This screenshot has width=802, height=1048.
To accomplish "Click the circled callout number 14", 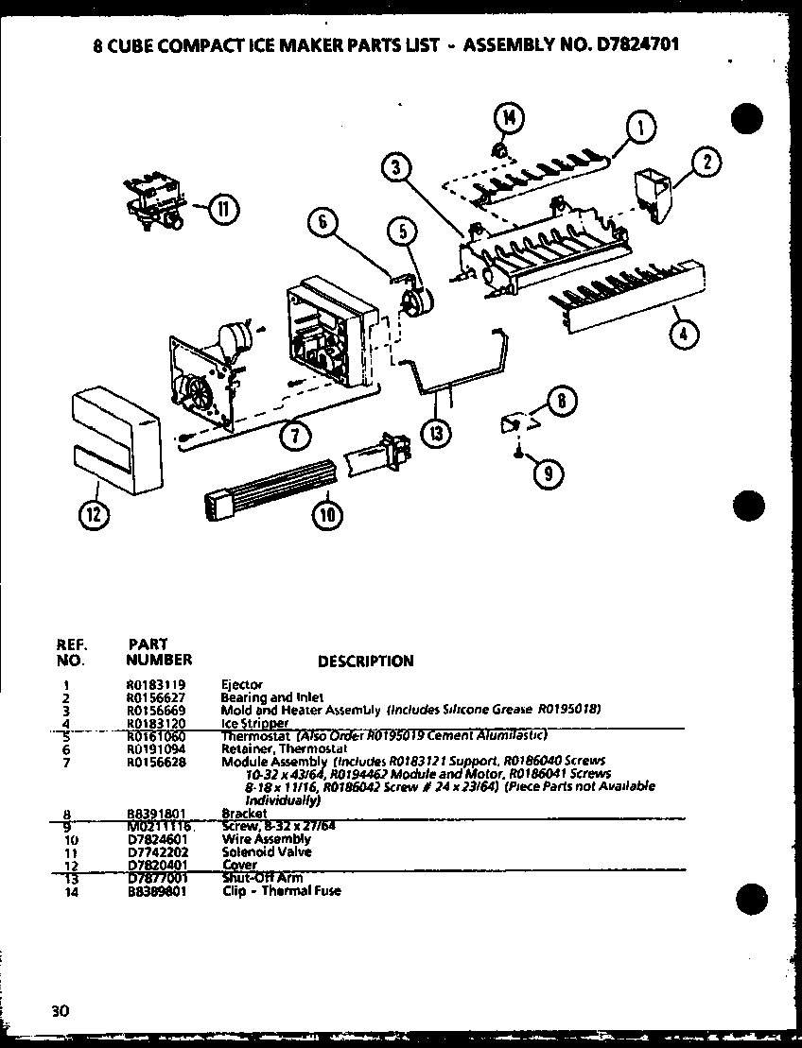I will click(x=510, y=118).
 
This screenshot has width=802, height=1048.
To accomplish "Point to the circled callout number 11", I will click(x=223, y=210).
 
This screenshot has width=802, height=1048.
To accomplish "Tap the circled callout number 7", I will click(x=295, y=436).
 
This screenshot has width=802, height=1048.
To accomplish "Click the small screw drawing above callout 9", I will click(x=516, y=454).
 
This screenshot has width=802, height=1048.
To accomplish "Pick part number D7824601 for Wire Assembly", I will click(x=156, y=839).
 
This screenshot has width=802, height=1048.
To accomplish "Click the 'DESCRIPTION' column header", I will click(x=365, y=661).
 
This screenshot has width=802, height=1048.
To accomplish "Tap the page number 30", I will click(x=61, y=1010).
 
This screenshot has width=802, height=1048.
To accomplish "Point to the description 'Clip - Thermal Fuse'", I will click(x=281, y=890).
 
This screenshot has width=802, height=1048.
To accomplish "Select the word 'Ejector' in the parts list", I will click(x=241, y=684).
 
